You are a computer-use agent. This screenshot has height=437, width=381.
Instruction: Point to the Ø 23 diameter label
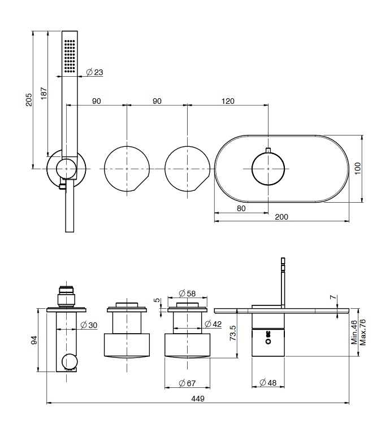pos(94,72)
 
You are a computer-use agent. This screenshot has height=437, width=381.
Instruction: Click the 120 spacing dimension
pos(227,101)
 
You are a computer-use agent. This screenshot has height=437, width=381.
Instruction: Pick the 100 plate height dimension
pos(357,168)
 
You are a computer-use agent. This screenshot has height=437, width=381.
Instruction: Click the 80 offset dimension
pos(241,208)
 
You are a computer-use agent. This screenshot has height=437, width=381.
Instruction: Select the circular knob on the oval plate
pos(268,169)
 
